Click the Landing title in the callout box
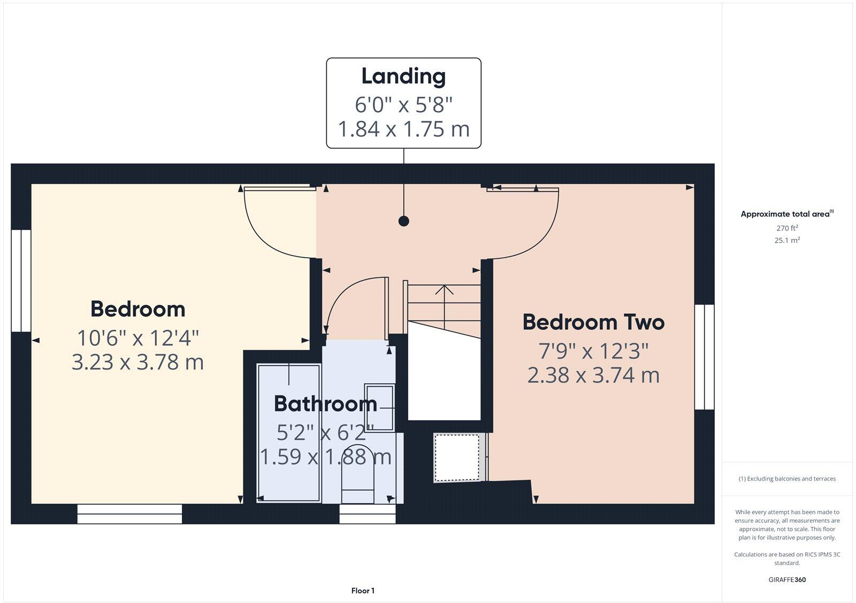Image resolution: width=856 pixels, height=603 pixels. point(403,76)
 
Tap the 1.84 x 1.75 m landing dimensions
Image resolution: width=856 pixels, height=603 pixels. point(403,129)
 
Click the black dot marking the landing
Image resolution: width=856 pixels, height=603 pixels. point(404,221)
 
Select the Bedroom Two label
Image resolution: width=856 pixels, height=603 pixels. point(593,322)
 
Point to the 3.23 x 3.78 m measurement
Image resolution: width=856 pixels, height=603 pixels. point(138,362)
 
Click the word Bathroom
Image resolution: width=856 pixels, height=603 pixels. point(325,404)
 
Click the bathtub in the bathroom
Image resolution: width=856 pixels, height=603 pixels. point(289,433)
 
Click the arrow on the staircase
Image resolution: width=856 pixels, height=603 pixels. point(444,291)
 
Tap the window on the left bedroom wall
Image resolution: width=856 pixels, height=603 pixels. point(21,281)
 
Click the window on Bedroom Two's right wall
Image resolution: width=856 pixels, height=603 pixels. point(704,357)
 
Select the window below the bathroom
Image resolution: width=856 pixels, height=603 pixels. point(368,514)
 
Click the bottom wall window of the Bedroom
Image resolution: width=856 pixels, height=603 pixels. point(129,514)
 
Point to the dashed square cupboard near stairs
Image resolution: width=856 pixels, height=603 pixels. point(457,458)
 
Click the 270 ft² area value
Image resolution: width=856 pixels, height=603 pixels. point(787,228)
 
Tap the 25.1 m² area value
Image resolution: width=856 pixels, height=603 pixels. point(787,241)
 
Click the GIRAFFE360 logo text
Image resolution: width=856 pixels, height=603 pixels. point(787,579)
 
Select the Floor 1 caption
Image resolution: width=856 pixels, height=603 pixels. point(363,591)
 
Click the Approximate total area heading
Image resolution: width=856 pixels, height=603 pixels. point(785,214)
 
